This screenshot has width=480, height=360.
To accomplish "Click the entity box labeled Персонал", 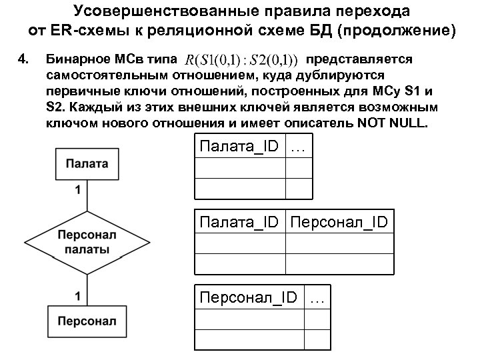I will [x=82, y=322].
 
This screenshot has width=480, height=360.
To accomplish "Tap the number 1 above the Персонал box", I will [x=79, y=294].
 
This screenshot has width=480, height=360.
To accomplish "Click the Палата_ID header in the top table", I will [x=239, y=147].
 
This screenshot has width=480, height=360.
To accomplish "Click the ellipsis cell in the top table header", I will [x=299, y=147].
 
